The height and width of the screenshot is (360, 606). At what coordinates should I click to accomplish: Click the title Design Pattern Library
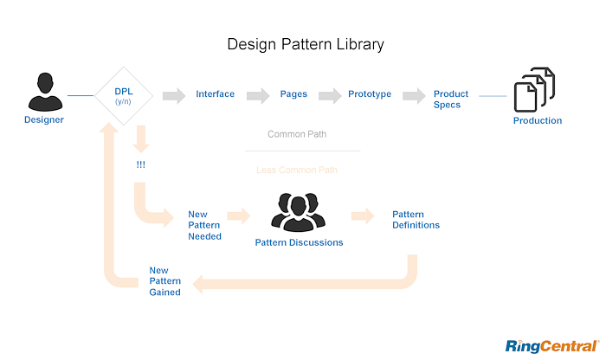coord(305,43)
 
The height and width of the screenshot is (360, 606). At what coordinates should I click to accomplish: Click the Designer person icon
coord(43,93)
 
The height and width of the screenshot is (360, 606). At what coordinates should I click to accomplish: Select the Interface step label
coord(216,94)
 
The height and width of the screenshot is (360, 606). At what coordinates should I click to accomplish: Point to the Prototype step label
coord(370,94)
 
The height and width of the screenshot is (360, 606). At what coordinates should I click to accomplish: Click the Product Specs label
coord(451,99)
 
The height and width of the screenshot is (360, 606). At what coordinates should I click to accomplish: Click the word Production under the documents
coord(538,121)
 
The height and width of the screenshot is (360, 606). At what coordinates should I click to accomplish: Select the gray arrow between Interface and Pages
coord(258,95)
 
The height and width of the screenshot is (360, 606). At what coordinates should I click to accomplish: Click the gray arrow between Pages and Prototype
coord(330,95)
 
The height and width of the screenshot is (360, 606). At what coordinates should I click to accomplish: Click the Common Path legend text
coord(297,135)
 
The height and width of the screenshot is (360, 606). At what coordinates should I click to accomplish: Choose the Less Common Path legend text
coord(297,170)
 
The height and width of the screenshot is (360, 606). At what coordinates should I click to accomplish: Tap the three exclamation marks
coord(140,164)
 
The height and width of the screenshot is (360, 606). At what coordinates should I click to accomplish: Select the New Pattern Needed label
coord(205,225)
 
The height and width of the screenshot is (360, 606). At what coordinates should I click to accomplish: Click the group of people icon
coord(299,211)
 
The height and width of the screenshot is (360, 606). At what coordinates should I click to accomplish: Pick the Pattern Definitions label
coord(416,220)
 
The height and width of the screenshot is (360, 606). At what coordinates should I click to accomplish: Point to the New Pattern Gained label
coord(164,280)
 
